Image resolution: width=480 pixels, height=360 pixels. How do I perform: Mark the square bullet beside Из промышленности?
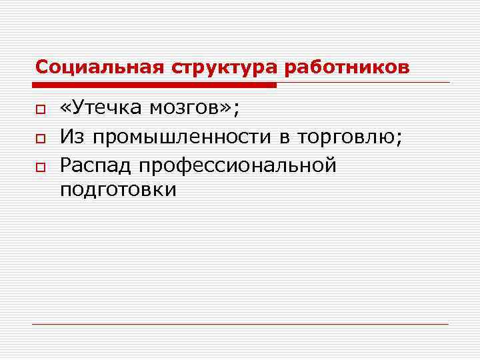tap(40, 139)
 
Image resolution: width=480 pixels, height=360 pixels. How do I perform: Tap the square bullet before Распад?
tap(40, 167)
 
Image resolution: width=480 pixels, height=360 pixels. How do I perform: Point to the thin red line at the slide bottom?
tap(240, 324)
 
